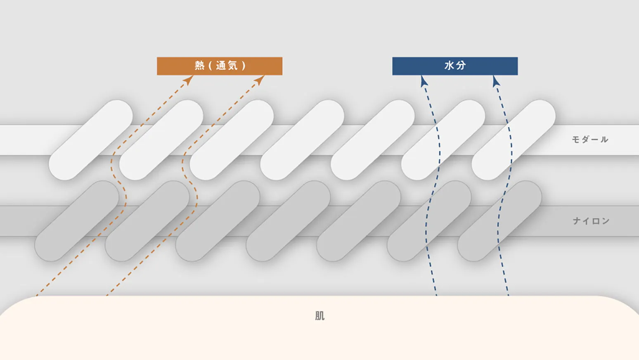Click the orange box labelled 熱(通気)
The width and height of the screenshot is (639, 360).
[220, 66]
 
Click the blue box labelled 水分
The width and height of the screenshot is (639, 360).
[455, 66]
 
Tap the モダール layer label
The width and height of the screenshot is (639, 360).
[590, 140]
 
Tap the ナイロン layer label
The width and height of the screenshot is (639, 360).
[592, 221]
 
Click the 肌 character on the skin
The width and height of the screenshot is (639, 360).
[319, 316]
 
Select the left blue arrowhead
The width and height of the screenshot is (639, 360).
[424, 81]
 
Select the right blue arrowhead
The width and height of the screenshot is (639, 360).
[496, 81]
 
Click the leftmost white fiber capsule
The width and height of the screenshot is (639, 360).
[91, 140]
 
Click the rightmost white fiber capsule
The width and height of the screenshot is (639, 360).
[514, 140]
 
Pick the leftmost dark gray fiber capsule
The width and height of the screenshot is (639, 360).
[77, 221]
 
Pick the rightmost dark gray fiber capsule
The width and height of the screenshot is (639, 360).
[499, 221]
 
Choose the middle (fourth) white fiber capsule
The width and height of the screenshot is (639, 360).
[302, 140]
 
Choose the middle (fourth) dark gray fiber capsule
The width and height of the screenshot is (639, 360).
[288, 221]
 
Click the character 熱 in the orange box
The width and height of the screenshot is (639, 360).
[200, 66]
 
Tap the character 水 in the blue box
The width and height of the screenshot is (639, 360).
[449, 66]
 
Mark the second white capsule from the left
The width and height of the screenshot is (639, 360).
[161, 140]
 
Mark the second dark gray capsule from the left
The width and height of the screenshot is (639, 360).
[147, 221]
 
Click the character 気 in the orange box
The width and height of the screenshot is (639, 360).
[232, 66]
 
